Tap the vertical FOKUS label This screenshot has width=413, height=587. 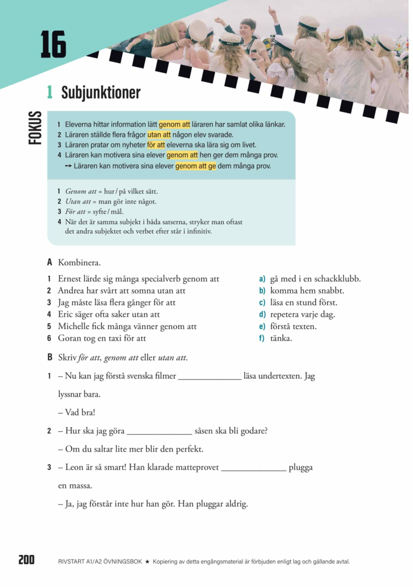point(35,128)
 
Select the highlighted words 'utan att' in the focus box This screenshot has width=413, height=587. point(159,135)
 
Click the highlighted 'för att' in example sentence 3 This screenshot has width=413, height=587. point(156,145)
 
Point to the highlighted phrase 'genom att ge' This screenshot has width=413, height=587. point(195,166)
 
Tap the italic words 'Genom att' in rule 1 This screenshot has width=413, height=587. point(81,191)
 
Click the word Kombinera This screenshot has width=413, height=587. point(79,263)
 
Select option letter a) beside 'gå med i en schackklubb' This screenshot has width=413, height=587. point(262,279)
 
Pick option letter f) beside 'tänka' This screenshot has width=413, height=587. point(261,338)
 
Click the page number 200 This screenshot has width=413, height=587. point(26,560)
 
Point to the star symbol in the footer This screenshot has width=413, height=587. point(147,562)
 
